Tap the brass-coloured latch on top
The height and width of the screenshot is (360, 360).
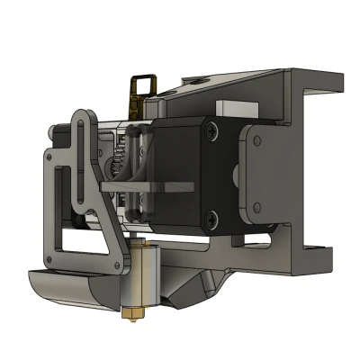point(142,87)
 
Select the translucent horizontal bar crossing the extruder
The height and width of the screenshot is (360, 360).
point(148,187)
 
